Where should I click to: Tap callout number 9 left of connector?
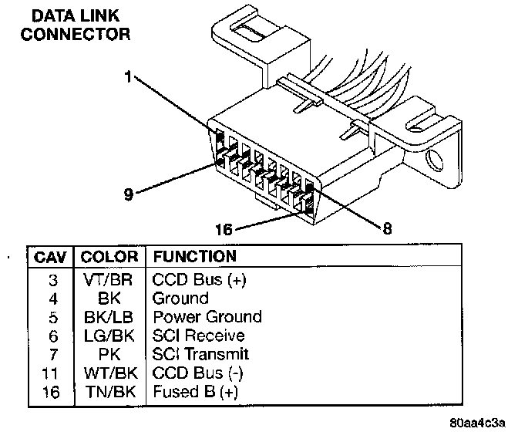click(x=129, y=194)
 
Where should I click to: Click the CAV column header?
click(x=50, y=256)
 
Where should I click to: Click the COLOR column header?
click(x=109, y=256)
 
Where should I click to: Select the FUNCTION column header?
click(x=194, y=256)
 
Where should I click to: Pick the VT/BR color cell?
click(x=109, y=279)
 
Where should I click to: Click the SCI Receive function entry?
click(x=199, y=336)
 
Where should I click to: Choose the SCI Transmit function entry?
click(x=201, y=354)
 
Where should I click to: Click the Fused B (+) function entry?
click(x=196, y=392)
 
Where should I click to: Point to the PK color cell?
click(x=109, y=354)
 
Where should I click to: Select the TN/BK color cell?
click(x=109, y=392)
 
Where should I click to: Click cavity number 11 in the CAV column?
click(x=51, y=373)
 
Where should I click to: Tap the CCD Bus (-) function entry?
click(x=198, y=373)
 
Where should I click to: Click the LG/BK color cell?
click(x=109, y=336)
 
